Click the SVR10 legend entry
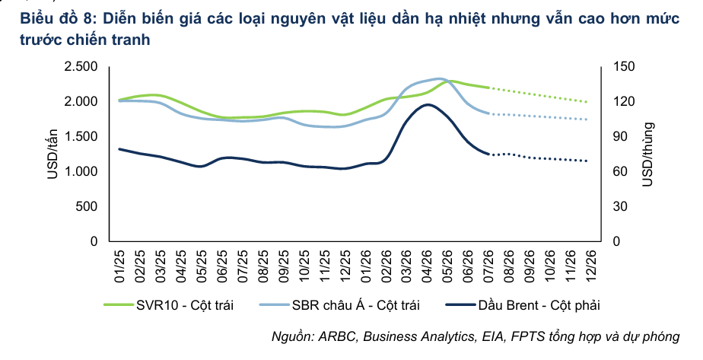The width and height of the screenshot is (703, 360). click(x=169, y=305)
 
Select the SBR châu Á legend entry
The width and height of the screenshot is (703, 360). click(x=340, y=305)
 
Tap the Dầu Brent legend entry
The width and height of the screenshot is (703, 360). click(x=523, y=305)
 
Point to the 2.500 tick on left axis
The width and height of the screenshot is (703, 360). click(x=81, y=67)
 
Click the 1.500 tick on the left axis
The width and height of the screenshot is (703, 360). click(x=81, y=137)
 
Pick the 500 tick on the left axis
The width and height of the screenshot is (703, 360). click(x=87, y=207)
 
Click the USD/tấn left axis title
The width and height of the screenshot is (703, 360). click(x=53, y=154)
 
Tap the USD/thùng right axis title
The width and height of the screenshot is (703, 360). click(x=648, y=155)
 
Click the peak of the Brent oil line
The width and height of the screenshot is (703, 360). click(x=428, y=104)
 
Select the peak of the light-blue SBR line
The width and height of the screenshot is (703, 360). click(x=438, y=79)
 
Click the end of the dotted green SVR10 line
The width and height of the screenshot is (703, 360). click(x=587, y=102)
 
